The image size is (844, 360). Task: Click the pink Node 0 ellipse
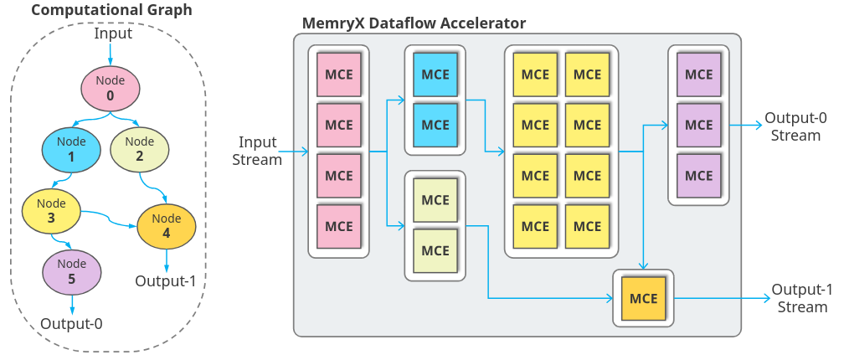(110, 88)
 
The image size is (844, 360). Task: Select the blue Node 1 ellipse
(71, 149)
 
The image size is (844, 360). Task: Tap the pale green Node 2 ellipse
(140, 148)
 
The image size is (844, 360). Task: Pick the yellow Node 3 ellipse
(51, 210)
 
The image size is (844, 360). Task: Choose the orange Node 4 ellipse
(166, 225)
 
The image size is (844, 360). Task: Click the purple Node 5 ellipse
(71, 270)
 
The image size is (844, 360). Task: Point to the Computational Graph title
(100, 11)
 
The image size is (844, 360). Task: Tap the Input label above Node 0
(112, 33)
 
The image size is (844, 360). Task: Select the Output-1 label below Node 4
(166, 280)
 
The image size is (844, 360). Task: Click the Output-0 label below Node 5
(71, 322)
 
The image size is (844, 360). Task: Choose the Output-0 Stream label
(795, 126)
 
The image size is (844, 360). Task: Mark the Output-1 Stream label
(802, 298)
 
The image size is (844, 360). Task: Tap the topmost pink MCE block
(338, 75)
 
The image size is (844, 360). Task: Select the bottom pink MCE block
(338, 226)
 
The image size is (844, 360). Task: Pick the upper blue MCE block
(435, 75)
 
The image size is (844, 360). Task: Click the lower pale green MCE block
(435, 250)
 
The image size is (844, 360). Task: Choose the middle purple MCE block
(698, 125)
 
